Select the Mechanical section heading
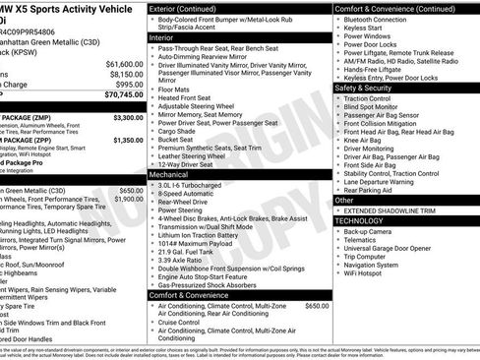169,172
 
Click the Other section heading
345,200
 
